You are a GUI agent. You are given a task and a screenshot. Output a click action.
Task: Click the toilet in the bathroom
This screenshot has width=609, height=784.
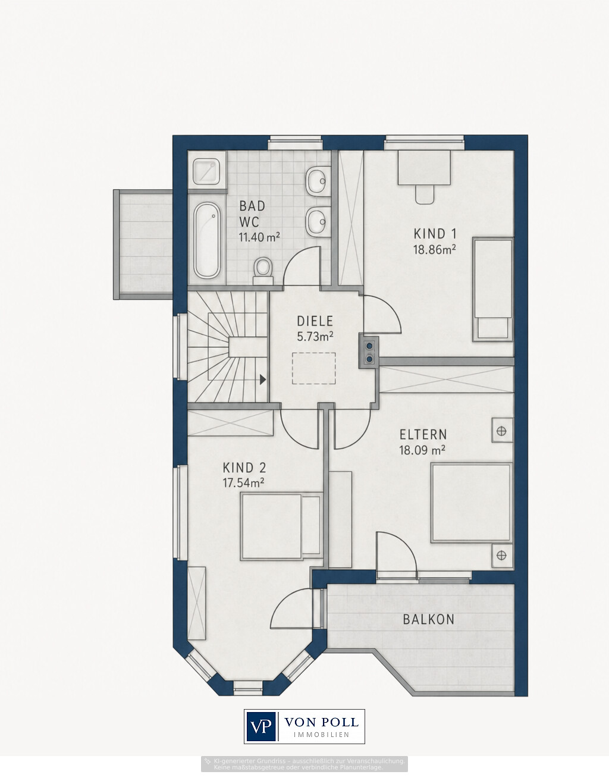click(263, 271)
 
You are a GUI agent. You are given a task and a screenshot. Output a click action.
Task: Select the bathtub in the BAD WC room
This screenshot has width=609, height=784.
click(207, 240)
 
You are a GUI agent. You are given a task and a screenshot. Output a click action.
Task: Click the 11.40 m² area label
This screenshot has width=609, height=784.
click(259, 237)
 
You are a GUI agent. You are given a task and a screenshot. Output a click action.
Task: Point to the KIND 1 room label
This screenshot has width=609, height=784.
click(435, 234)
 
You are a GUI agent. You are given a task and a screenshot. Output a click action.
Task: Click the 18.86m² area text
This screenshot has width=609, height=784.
click(435, 250)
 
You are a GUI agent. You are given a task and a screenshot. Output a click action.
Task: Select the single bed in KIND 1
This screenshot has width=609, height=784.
click(493, 289)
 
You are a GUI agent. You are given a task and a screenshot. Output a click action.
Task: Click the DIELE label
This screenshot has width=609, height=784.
click(315, 321)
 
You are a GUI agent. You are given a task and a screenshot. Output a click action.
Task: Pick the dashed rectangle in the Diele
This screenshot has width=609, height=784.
click(313, 368)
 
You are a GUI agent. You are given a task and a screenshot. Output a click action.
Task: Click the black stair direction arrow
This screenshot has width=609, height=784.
click(263, 380)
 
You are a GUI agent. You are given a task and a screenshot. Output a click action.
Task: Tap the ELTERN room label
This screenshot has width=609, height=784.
click(423, 435)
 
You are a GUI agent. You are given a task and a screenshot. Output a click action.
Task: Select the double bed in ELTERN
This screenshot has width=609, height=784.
click(472, 503)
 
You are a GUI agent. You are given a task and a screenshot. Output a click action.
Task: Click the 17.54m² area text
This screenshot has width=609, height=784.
click(244, 483)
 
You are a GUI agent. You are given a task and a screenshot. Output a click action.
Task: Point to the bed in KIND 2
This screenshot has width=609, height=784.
click(281, 526)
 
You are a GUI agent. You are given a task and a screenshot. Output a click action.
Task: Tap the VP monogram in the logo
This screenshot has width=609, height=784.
click(261, 727)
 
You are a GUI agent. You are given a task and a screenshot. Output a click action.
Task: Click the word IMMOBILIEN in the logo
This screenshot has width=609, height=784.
click(321, 735)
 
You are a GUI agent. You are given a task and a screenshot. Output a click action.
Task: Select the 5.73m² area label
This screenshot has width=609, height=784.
click(315, 337)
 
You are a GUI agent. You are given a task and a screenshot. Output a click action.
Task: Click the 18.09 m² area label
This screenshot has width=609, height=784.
click(422, 450)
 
